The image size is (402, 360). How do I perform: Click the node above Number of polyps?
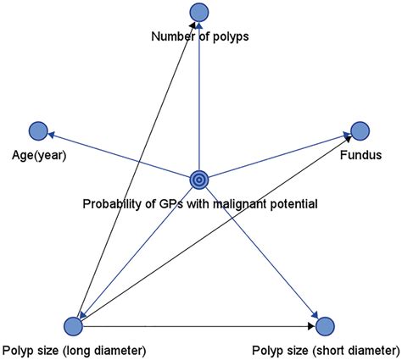[198, 12]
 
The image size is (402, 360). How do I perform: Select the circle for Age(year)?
[37, 130]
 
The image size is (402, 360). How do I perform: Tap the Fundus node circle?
[360, 130]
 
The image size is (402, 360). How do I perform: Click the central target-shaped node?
[198, 180]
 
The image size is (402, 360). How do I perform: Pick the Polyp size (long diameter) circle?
[74, 325]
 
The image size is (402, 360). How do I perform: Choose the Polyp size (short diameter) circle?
[325, 325]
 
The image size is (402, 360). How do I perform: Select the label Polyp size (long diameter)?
[75, 350]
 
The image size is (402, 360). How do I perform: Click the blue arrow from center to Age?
[119, 155]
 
